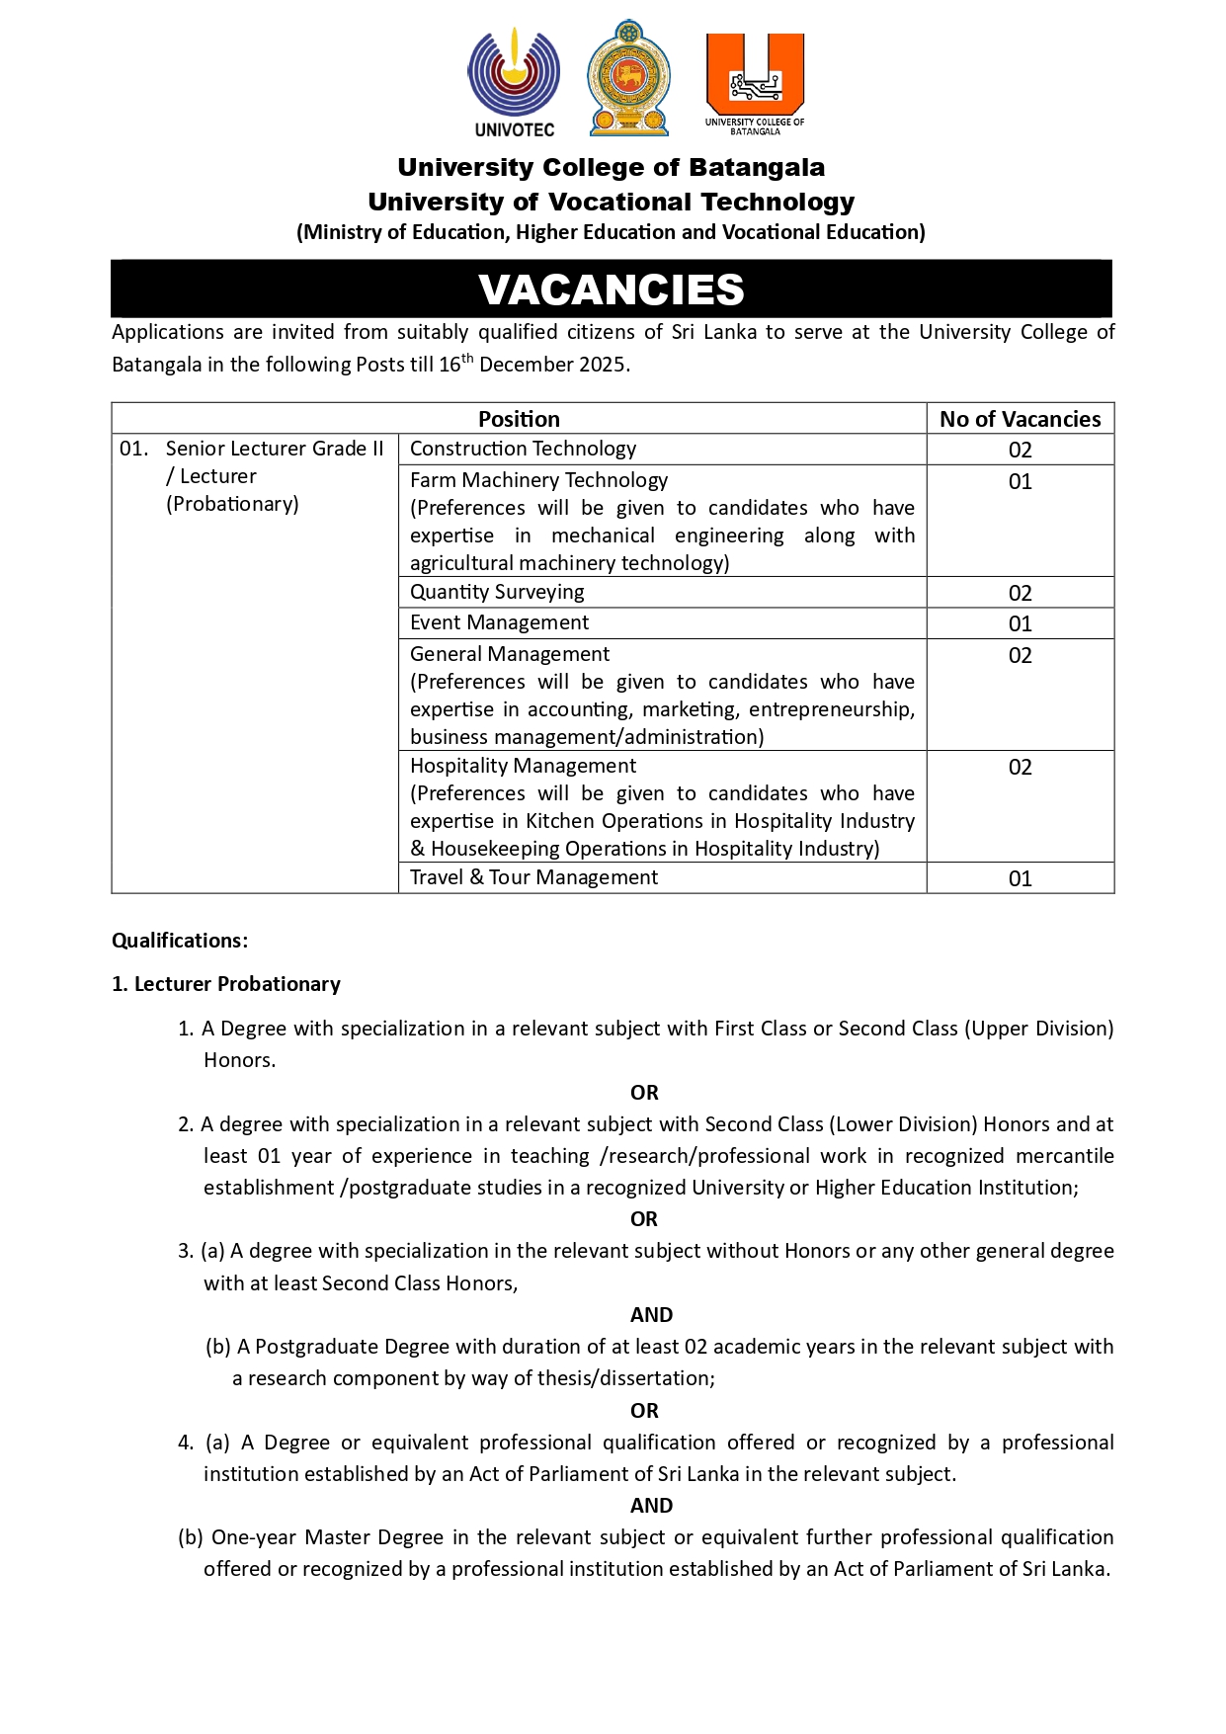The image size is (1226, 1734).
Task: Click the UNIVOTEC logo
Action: (x=514, y=81)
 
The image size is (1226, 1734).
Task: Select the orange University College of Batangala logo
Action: (x=755, y=81)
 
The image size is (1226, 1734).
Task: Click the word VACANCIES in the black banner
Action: (x=612, y=289)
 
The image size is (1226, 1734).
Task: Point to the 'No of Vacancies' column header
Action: (x=1020, y=419)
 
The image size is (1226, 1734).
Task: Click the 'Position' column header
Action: (x=519, y=419)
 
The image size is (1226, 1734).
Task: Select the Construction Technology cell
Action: (x=524, y=449)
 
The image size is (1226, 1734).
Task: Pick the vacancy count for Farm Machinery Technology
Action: (x=1020, y=482)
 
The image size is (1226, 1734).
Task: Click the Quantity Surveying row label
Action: (x=497, y=592)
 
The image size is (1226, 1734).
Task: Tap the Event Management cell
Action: (x=499, y=622)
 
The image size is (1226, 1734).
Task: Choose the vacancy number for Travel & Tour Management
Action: (x=1020, y=878)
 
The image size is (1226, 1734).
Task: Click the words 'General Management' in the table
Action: (x=510, y=654)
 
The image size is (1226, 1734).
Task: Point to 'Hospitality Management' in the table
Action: (x=523, y=766)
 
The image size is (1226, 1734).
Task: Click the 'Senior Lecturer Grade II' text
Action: (x=275, y=449)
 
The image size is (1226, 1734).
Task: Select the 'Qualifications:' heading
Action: (x=180, y=941)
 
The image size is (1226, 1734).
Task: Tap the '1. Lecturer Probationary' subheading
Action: (x=226, y=984)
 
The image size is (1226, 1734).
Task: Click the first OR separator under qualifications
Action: (x=644, y=1093)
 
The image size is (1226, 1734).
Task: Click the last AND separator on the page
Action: (x=651, y=1506)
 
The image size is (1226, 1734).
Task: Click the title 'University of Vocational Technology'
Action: (x=612, y=202)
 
